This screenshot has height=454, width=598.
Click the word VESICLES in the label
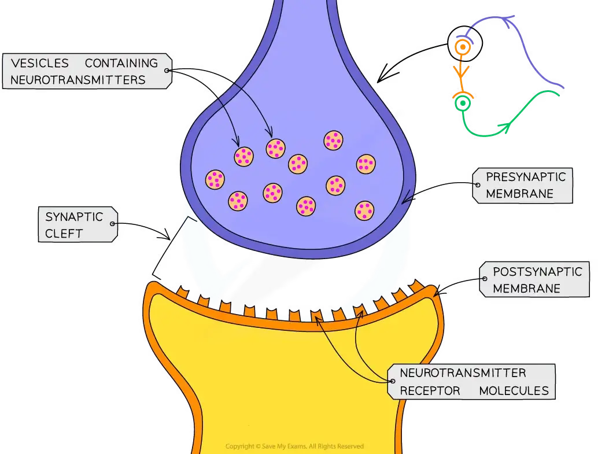click(x=39, y=63)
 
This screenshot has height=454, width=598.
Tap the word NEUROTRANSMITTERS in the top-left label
click(x=78, y=80)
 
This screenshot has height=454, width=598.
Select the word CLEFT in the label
click(x=64, y=234)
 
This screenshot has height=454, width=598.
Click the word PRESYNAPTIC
click(x=525, y=177)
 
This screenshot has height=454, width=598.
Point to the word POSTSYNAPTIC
click(x=537, y=271)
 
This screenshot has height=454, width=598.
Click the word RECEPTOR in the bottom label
click(x=430, y=391)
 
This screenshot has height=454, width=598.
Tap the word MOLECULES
click(x=514, y=391)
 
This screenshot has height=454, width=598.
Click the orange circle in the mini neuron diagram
click(x=462, y=47)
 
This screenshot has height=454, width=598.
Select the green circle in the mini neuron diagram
click(x=462, y=104)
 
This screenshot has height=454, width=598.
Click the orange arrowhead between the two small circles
click(x=462, y=73)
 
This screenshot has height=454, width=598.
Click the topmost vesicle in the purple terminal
click(x=334, y=140)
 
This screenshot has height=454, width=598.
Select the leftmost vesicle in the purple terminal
click(x=215, y=179)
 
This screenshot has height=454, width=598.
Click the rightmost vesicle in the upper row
click(x=366, y=164)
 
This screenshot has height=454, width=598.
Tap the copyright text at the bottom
click(x=294, y=446)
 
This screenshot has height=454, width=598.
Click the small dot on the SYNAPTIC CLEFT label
click(x=113, y=224)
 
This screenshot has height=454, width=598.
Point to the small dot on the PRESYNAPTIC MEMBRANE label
click(x=478, y=185)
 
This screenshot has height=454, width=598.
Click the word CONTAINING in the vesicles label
click(x=121, y=63)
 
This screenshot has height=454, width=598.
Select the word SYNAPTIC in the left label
click(x=74, y=217)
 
